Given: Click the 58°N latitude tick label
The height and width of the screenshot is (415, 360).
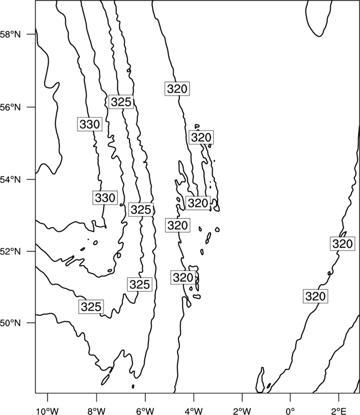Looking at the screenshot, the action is (x=10, y=34).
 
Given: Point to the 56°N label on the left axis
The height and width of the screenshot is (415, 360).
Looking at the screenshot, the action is (x=10, y=107).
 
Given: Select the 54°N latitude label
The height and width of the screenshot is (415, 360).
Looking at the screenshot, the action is (x=10, y=179).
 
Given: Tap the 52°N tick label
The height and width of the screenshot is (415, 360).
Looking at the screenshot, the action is (x=10, y=251).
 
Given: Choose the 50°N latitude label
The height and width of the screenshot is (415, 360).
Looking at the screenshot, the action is (x=10, y=323).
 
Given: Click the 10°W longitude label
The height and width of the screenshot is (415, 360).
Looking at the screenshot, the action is (x=48, y=411).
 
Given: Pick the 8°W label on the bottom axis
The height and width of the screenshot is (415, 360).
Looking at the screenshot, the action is (x=96, y=411).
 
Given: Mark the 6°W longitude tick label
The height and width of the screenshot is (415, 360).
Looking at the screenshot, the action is (x=145, y=411).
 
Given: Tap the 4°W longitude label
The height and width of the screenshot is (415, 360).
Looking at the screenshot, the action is (x=193, y=411).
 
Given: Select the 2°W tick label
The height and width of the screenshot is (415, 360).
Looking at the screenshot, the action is (x=242, y=411).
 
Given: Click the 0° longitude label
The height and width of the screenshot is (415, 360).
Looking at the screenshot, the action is (x=290, y=411).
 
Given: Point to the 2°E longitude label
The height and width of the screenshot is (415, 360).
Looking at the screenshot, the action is (x=339, y=411).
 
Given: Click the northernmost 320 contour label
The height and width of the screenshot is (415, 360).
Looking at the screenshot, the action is (x=177, y=89).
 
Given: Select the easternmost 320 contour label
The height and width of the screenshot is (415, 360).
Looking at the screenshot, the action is (x=342, y=243).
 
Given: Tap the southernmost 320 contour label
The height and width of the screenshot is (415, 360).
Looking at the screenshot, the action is (x=315, y=296).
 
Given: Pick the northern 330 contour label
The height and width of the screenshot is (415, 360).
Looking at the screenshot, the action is (x=90, y=124).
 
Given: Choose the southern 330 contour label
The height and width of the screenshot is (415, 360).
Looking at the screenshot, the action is (x=105, y=198).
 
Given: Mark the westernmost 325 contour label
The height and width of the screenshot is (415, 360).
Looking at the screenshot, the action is (x=91, y=307).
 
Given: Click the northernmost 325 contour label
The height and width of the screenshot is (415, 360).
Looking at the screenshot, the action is (x=121, y=102).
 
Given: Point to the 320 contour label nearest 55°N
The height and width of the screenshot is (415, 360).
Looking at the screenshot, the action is (x=201, y=137).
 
